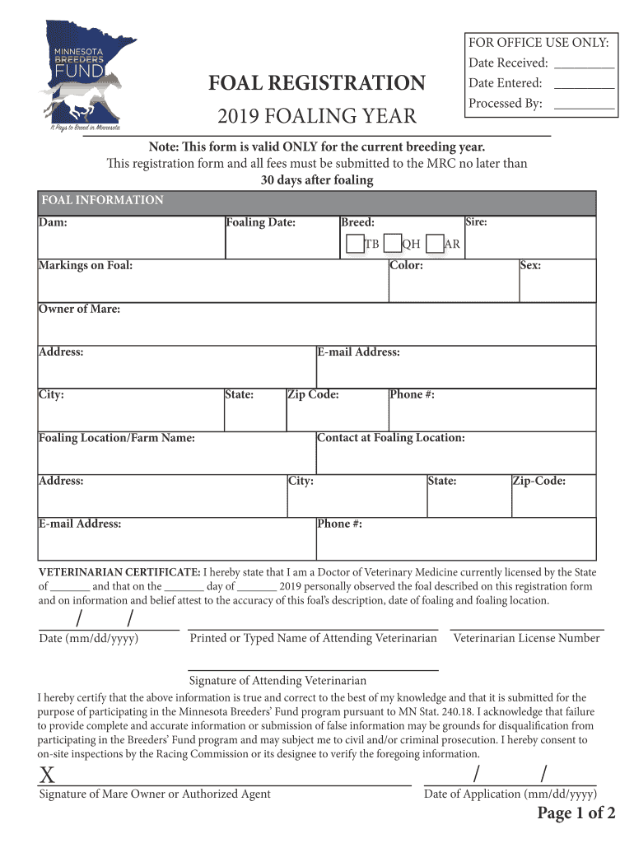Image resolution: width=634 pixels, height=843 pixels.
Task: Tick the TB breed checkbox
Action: click(x=354, y=244)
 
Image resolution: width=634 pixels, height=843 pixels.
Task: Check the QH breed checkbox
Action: click(x=392, y=244)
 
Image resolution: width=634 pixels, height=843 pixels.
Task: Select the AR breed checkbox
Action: click(x=435, y=244)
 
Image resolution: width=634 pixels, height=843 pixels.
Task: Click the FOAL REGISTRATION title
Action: click(x=317, y=83)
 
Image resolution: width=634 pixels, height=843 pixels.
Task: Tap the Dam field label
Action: click(x=53, y=223)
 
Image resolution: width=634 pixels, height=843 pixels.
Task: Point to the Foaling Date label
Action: click(x=260, y=223)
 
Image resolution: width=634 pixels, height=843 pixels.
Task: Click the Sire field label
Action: click(x=476, y=222)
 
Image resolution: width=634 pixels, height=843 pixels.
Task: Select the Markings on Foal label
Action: click(x=86, y=266)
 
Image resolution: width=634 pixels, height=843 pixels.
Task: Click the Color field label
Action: click(x=407, y=266)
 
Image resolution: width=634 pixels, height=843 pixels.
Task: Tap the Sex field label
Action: click(x=529, y=266)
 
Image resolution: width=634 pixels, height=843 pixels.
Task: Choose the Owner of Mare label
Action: click(x=79, y=309)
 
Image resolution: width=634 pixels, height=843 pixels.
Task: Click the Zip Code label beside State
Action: click(x=313, y=394)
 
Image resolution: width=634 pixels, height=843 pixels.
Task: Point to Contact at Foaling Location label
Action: click(x=391, y=437)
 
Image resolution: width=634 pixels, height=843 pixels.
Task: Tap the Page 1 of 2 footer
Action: click(x=576, y=814)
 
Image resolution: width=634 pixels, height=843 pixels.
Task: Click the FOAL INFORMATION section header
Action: click(x=101, y=200)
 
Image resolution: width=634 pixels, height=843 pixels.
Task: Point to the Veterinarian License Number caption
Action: click(x=526, y=638)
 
